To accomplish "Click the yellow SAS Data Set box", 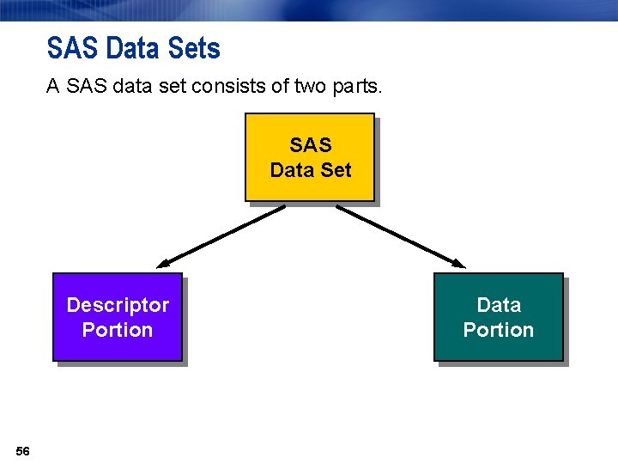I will [310, 157].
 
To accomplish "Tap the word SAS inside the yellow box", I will [311, 145].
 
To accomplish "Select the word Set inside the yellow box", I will [336, 170].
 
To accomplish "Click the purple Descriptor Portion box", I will [118, 317].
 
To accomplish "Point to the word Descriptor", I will [118, 305].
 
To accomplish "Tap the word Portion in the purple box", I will [118, 330].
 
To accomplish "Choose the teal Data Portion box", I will [498, 317].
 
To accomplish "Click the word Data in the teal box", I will [499, 305].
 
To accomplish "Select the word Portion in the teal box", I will [499, 330].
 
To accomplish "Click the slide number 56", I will [22, 451].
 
